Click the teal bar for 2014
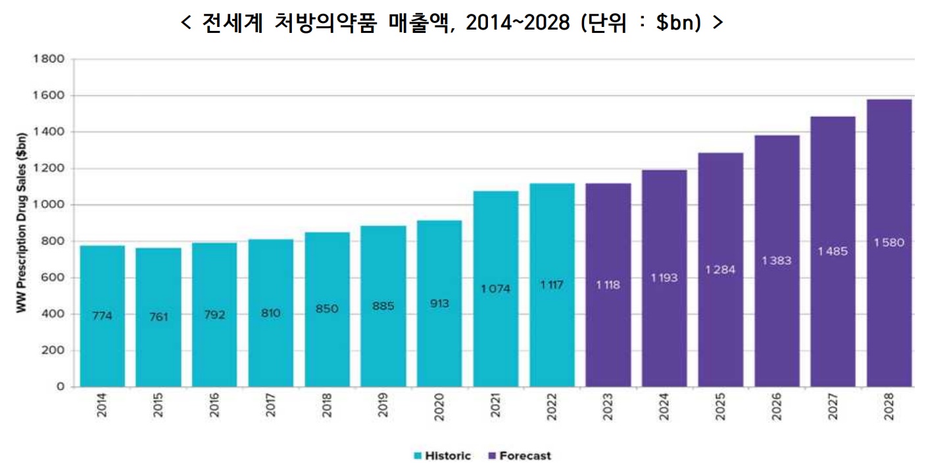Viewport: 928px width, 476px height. point(102,316)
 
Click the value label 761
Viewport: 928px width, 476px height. point(159,317)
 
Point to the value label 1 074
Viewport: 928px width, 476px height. point(495,289)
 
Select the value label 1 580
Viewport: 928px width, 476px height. point(889,243)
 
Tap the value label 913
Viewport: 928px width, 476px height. point(439,304)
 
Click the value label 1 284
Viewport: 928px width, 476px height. point(721,270)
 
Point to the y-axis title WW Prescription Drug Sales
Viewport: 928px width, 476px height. point(21,224)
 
